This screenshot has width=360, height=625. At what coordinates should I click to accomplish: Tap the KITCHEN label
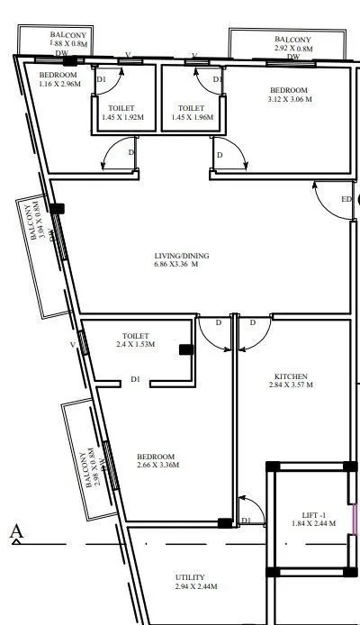[291, 376]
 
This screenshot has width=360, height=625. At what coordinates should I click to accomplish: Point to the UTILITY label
[190, 576]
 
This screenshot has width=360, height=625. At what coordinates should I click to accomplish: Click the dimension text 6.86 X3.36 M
[175, 265]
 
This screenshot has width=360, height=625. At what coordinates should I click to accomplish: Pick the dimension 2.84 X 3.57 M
[291, 385]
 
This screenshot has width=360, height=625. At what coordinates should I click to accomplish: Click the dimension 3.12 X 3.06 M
[290, 100]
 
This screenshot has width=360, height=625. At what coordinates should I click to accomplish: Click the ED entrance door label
[346, 199]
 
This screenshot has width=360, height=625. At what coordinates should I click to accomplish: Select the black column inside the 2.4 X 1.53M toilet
[185, 349]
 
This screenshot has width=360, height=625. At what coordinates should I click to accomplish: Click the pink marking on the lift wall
[354, 519]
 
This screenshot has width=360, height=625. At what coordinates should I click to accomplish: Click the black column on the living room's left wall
[58, 209]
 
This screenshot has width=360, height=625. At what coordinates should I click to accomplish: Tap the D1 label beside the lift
[246, 521]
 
